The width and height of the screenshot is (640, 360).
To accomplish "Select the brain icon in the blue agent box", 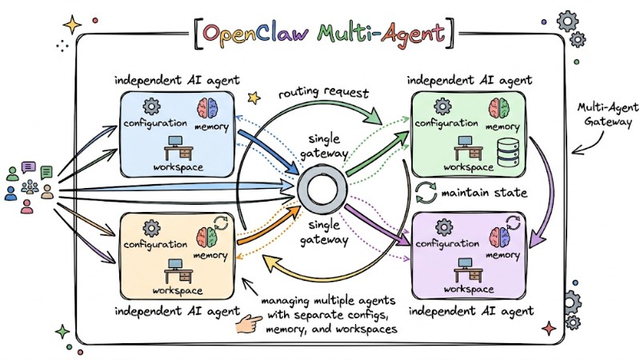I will pos(218,108).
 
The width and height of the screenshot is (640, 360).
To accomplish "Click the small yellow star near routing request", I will pos(255,98).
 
